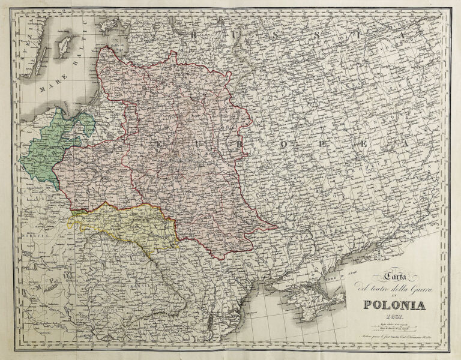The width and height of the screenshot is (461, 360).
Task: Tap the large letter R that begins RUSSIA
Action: point(193,35)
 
